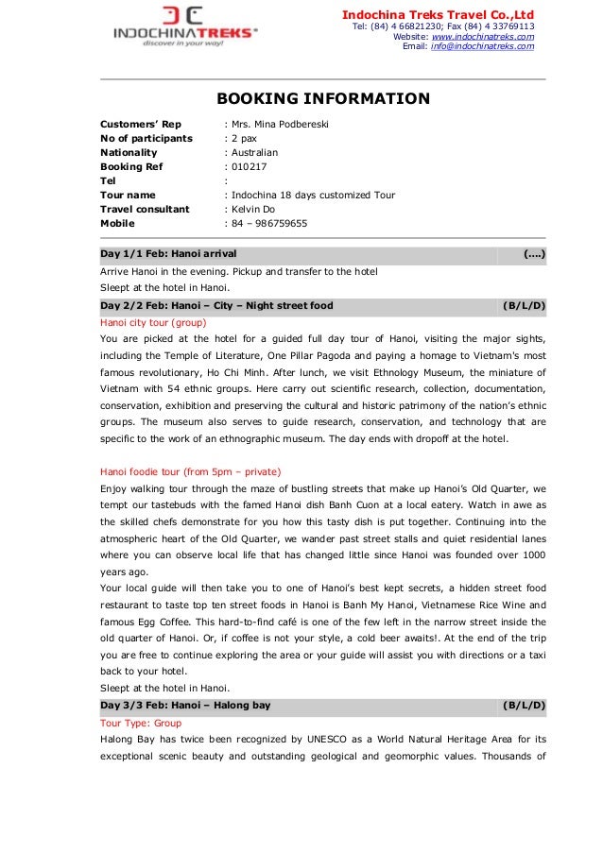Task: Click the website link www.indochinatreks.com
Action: tap(482, 36)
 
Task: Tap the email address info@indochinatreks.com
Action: tap(482, 46)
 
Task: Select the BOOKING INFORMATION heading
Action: tap(323, 98)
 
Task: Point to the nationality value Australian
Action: tap(254, 152)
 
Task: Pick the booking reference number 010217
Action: tap(248, 166)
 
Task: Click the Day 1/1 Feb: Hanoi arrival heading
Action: tap(168, 254)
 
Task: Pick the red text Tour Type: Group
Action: tap(141, 722)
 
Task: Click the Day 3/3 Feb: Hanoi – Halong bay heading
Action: tap(185, 705)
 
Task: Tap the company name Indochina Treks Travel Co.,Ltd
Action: tap(438, 14)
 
